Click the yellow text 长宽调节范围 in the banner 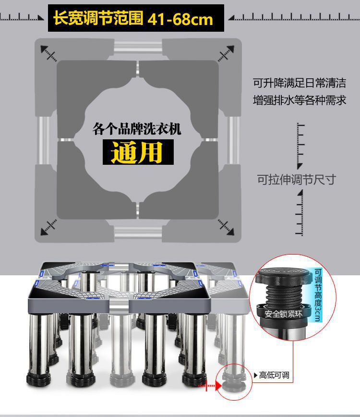[98, 19]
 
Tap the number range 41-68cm [180, 19]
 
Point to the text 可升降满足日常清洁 [300, 83]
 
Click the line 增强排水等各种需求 [300, 101]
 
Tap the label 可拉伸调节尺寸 [296, 180]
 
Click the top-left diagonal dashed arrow [49, 52]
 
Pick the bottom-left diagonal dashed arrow [49, 226]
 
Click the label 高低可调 [274, 375]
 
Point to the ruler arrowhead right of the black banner [231, 18]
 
